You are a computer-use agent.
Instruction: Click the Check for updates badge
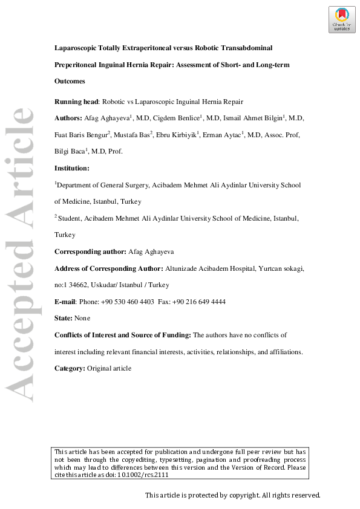point(342,19)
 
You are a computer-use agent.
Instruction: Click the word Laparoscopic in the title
point(79,47)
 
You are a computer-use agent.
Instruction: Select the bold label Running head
point(76,102)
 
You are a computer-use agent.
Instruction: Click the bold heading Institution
point(71,168)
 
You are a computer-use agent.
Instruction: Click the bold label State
point(63,318)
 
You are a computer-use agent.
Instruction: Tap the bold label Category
point(70,368)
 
